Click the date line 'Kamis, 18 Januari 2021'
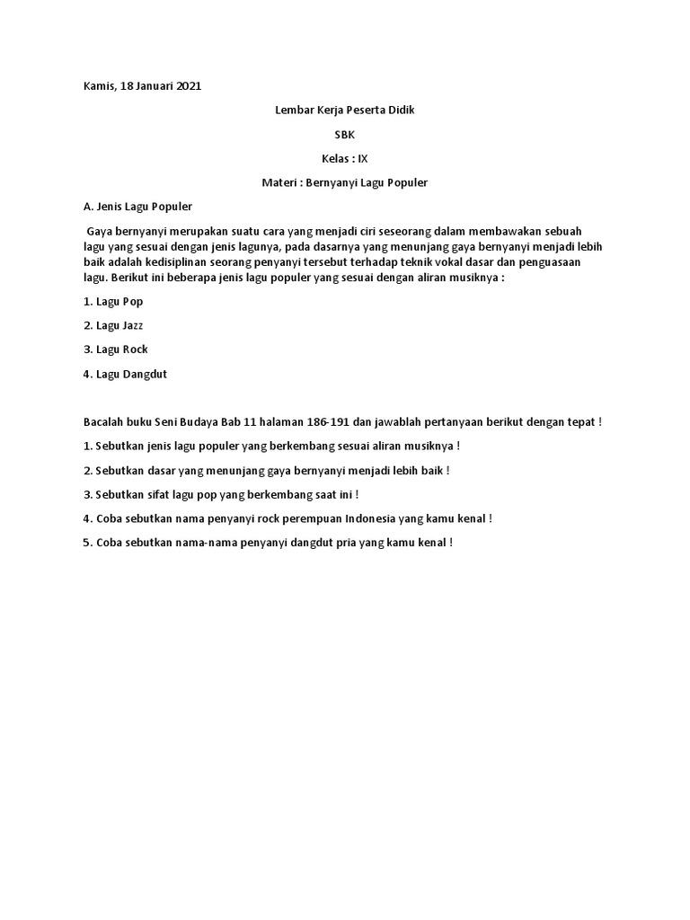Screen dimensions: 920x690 (142, 86)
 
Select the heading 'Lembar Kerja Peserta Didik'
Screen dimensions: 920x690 (345, 111)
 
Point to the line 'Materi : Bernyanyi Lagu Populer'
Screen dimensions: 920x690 (345, 182)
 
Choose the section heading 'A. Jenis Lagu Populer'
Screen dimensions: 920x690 (137, 207)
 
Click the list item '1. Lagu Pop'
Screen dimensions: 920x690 (113, 302)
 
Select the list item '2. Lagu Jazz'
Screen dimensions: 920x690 (113, 325)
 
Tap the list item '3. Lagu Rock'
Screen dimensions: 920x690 (115, 349)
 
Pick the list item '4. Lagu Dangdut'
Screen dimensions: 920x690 (125, 374)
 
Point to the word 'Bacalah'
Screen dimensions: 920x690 (104, 422)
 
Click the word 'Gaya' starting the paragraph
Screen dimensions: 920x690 (101, 231)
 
